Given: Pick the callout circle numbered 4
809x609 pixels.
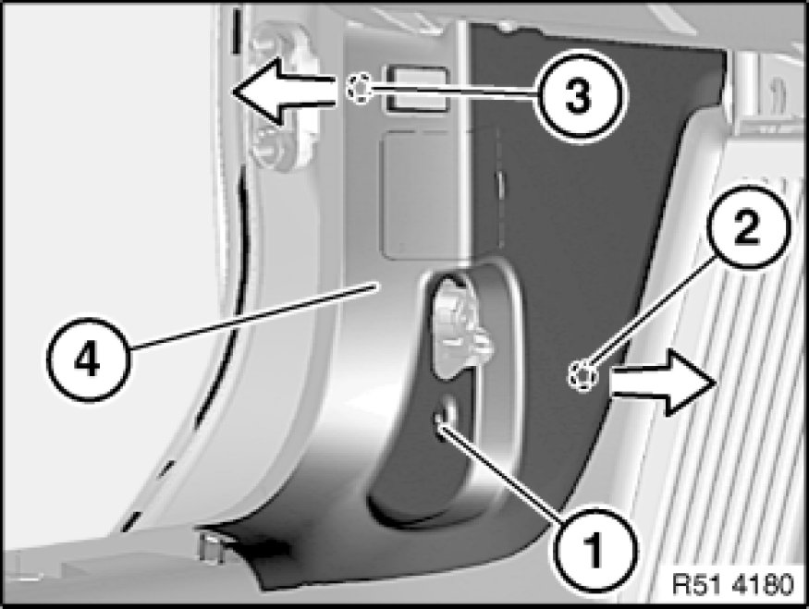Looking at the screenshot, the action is pyautogui.click(x=87, y=359).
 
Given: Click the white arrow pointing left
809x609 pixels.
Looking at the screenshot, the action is pyautogui.click(x=283, y=91).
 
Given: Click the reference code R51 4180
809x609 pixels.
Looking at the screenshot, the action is pyautogui.click(x=732, y=585).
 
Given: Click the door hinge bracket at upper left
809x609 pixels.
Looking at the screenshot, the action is pyautogui.click(x=278, y=98).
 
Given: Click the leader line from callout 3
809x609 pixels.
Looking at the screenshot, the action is pyautogui.click(x=453, y=91).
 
